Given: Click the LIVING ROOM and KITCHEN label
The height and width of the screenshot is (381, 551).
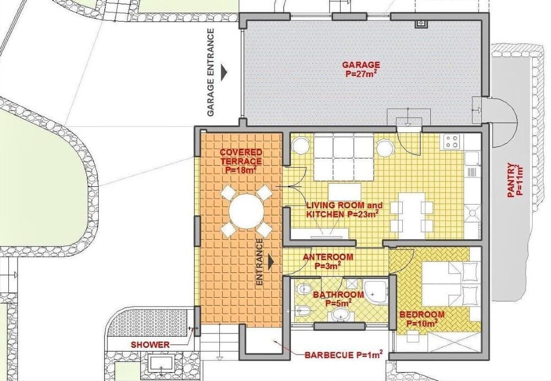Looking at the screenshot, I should [x=342, y=210].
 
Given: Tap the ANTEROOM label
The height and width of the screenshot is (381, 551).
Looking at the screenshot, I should [x=328, y=261].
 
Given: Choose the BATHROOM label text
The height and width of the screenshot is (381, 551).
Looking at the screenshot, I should [x=338, y=299].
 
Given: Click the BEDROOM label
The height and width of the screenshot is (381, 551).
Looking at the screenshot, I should [x=422, y=319].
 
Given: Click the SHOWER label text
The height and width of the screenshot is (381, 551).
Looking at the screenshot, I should [x=150, y=345].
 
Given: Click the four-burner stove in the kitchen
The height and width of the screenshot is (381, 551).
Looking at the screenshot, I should [x=452, y=141].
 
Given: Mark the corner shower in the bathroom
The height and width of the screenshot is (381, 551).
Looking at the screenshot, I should [x=377, y=291].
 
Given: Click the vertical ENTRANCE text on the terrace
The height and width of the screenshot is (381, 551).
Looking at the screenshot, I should [x=260, y=262].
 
